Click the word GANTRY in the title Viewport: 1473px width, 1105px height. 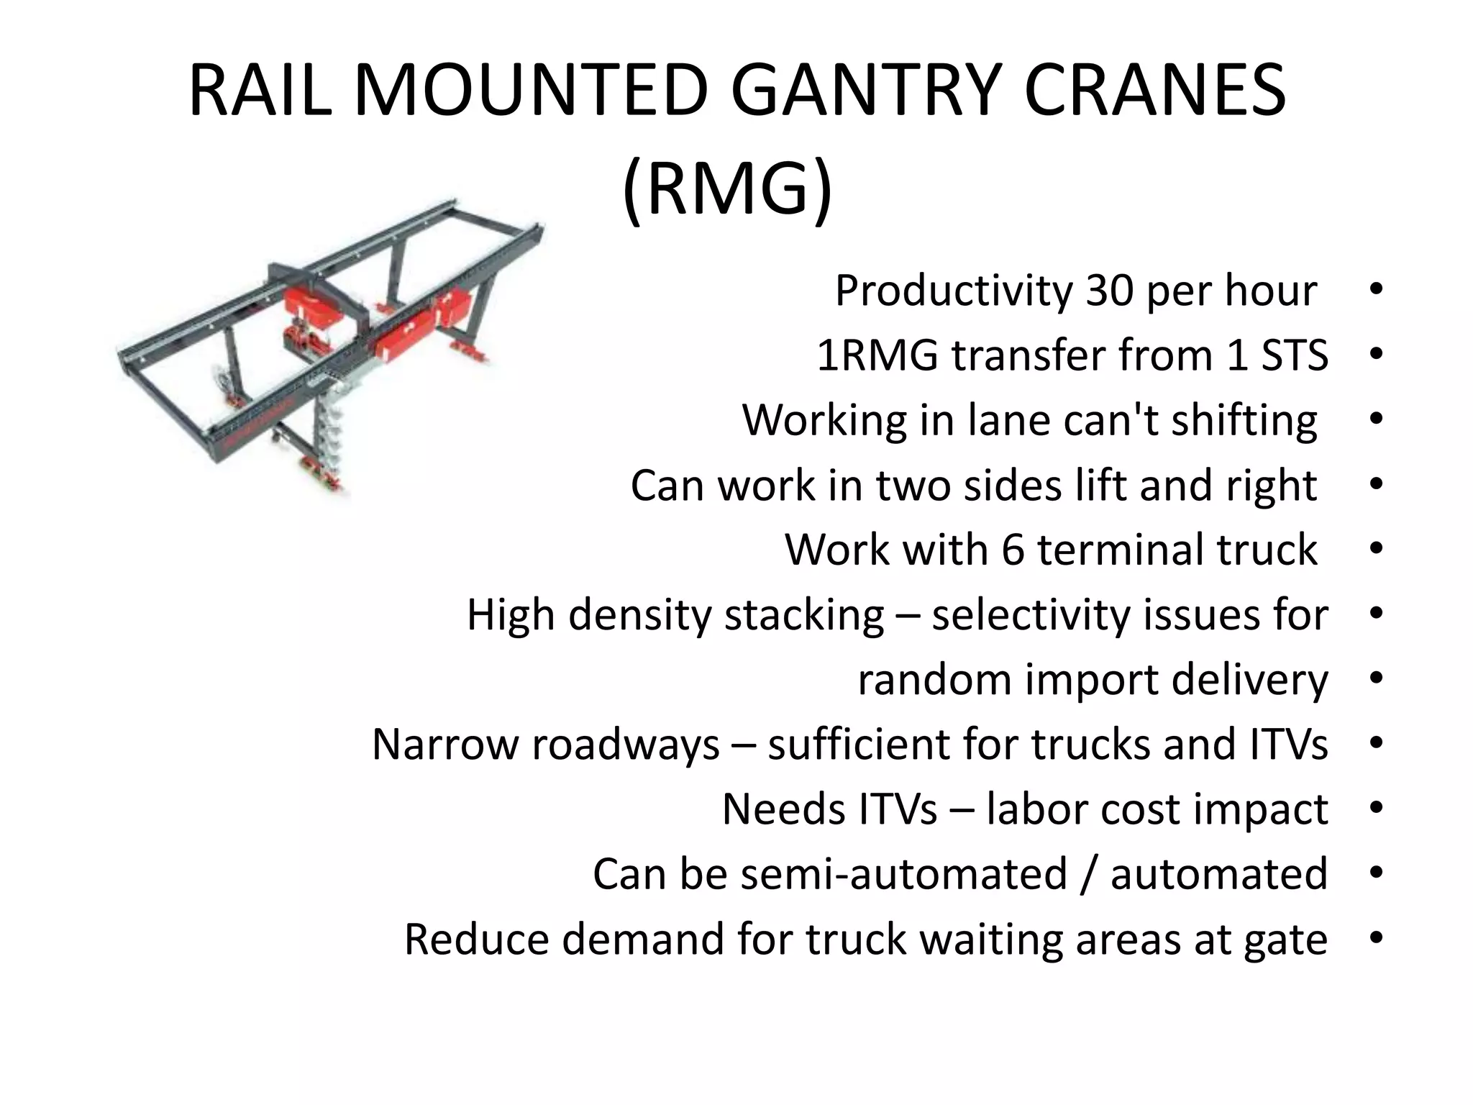(862, 91)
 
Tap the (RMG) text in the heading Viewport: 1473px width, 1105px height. (727, 189)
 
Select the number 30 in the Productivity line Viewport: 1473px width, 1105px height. (1108, 291)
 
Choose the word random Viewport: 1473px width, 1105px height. (934, 680)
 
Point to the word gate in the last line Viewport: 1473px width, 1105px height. (1285, 940)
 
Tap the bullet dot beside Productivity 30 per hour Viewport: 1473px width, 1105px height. (1376, 290)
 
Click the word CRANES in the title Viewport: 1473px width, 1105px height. (1154, 91)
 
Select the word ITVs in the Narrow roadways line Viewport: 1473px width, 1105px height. (1289, 745)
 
